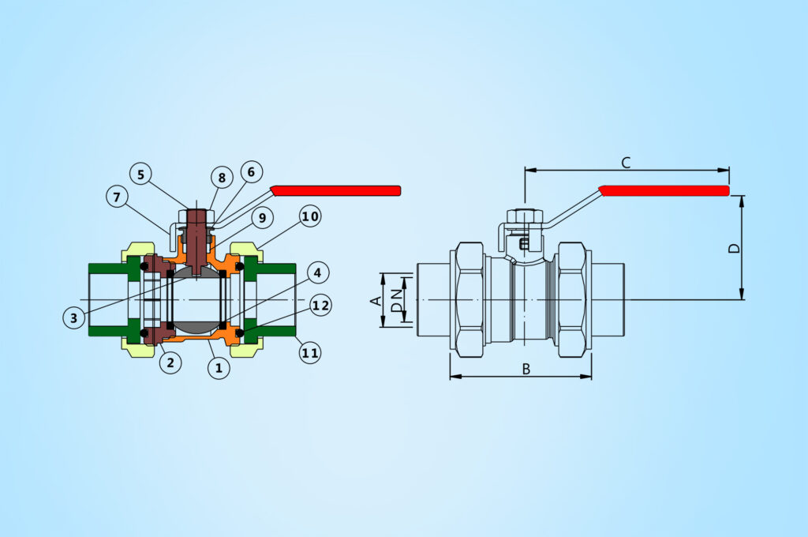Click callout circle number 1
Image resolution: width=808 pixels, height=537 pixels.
pyautogui.click(x=219, y=366)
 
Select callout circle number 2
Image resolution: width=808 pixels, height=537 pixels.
pyautogui.click(x=170, y=362)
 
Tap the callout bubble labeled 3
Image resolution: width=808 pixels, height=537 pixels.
pyautogui.click(x=73, y=317)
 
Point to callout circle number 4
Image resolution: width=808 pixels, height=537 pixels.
pyautogui.click(x=316, y=274)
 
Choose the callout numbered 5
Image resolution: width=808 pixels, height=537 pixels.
pyautogui.click(x=141, y=173)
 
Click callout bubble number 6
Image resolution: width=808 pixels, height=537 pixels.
pyautogui.click(x=250, y=171)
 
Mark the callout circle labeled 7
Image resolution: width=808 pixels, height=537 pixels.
pyautogui.click(x=117, y=197)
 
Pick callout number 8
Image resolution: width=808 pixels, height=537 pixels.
pyautogui.click(x=222, y=178)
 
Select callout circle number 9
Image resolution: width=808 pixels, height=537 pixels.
pyautogui.click(x=262, y=216)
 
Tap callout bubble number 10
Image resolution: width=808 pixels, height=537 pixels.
pyautogui.click(x=310, y=216)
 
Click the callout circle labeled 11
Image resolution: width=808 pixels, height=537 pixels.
pyautogui.click(x=310, y=352)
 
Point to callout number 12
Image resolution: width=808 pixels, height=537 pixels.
pyautogui.click(x=320, y=305)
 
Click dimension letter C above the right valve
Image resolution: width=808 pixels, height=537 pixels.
pyautogui.click(x=626, y=163)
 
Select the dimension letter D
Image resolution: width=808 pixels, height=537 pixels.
pyautogui.click(x=734, y=248)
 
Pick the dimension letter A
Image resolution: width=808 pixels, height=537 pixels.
pyautogui.click(x=376, y=300)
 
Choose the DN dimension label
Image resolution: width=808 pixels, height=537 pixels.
pyautogui.click(x=397, y=300)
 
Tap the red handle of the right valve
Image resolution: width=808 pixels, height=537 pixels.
pyautogui.click(x=664, y=190)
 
